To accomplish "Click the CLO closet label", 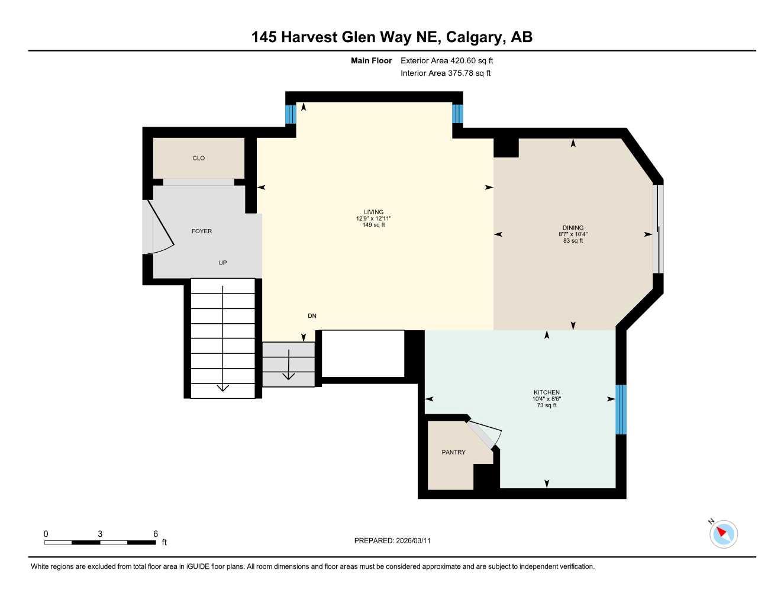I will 199,158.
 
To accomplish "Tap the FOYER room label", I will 202,231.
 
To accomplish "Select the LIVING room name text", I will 373,212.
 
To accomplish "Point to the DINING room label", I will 573,228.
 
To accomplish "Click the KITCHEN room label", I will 546,392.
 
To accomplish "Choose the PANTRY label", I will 453,452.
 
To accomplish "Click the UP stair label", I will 222,263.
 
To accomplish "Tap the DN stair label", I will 312,316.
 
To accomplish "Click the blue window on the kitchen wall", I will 621,410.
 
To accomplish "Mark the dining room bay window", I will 658,229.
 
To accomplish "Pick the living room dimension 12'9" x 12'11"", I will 373,218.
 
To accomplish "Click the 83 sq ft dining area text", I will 573,241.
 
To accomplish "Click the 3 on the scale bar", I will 100,534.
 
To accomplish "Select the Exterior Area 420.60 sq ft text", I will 447,60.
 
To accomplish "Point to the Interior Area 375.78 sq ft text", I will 446,73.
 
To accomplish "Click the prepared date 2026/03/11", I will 412,541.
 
